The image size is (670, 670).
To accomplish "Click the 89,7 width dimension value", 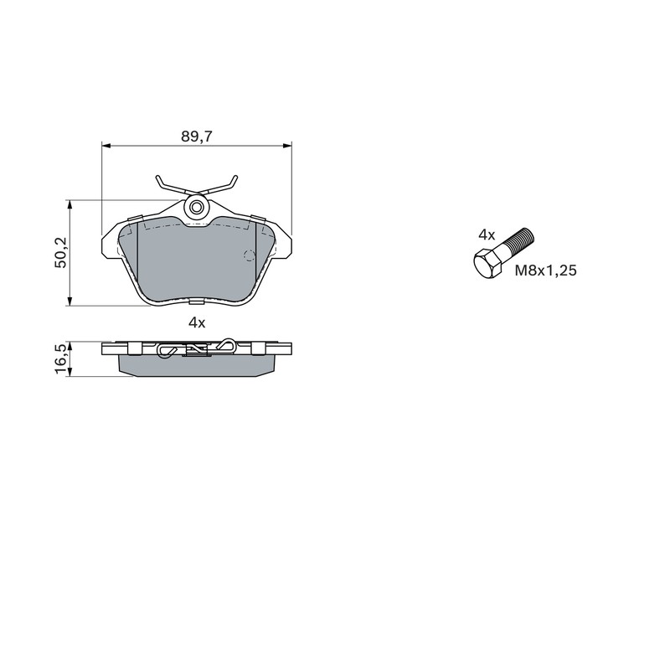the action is [x=197, y=137].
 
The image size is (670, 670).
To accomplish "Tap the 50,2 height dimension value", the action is [x=61, y=253].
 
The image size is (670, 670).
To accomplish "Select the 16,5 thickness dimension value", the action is [x=61, y=359].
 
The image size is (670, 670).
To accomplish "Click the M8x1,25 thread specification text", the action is [x=546, y=271].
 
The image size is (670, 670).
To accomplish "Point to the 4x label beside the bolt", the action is [x=487, y=234].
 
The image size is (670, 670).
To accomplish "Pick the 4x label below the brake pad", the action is [x=197, y=323].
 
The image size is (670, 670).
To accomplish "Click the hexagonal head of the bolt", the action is [x=487, y=265].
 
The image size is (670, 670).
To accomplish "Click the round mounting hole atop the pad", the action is [x=197, y=208].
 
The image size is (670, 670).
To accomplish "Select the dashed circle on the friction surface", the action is [x=250, y=255].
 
